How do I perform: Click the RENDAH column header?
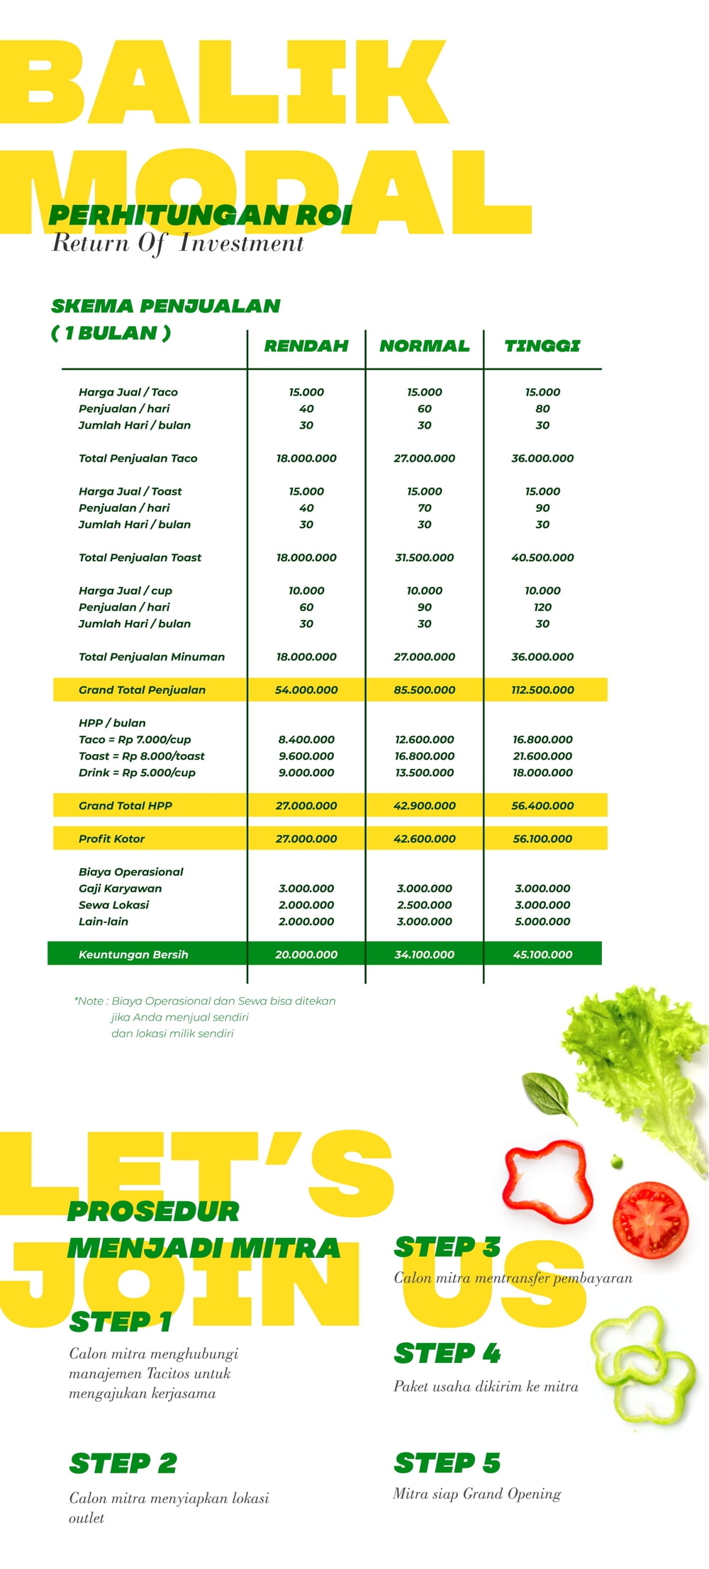(x=306, y=346)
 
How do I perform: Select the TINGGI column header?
(x=542, y=346)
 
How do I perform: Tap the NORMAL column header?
(x=424, y=346)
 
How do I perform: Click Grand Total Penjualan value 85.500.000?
(x=424, y=690)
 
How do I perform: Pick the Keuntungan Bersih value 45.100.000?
(x=542, y=955)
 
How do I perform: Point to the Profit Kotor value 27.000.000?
(x=306, y=838)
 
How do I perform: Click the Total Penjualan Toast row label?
(x=140, y=558)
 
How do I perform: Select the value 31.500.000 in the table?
(x=424, y=558)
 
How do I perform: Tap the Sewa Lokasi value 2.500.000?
(x=424, y=905)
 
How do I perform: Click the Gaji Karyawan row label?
(x=120, y=889)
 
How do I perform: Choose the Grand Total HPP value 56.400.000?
(x=542, y=806)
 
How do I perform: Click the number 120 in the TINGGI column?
(x=542, y=607)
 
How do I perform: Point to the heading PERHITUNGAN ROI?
(x=200, y=215)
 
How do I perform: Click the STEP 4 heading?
(x=447, y=1353)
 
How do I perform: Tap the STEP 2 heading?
(x=123, y=1463)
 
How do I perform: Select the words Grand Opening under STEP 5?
(x=512, y=1494)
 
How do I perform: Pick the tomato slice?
(x=650, y=1219)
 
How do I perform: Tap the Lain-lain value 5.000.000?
(x=542, y=921)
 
